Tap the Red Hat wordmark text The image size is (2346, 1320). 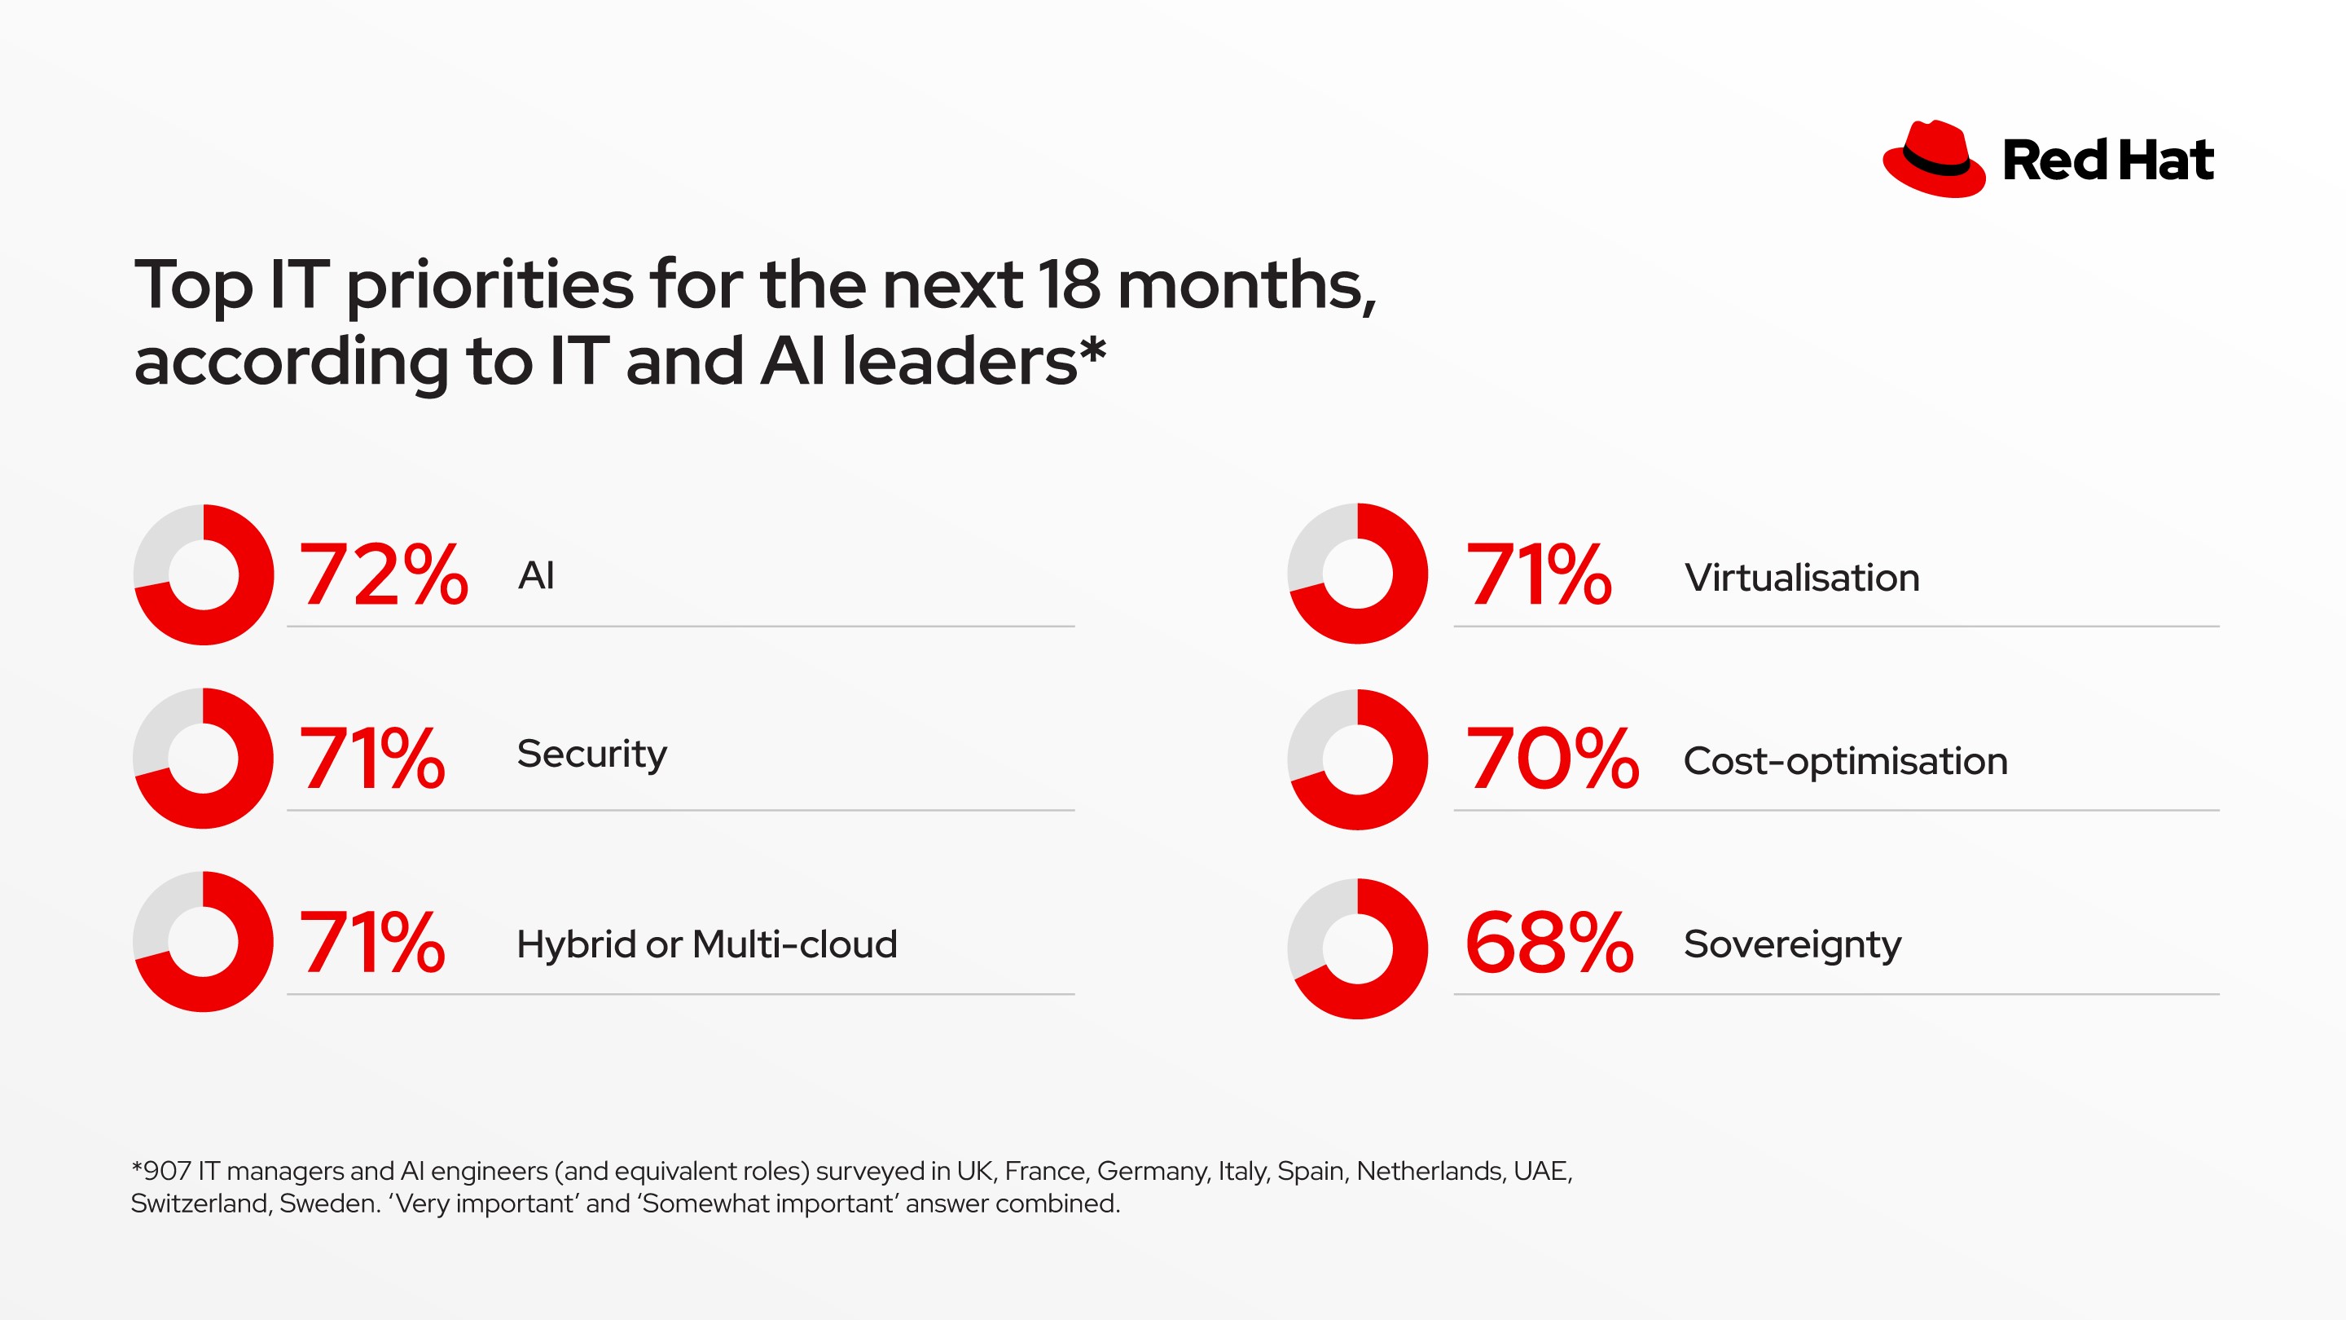pos(2107,161)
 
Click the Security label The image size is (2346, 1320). pos(592,755)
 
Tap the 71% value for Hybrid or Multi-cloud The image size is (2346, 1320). pos(372,942)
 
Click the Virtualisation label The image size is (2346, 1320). pos(1801,578)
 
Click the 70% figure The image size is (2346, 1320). pos(1552,759)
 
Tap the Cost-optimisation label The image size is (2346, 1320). pos(1845,761)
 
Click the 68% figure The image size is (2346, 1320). pos(1549,944)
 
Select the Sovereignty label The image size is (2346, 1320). pos(1792,944)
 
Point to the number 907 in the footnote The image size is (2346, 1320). pos(167,1171)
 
